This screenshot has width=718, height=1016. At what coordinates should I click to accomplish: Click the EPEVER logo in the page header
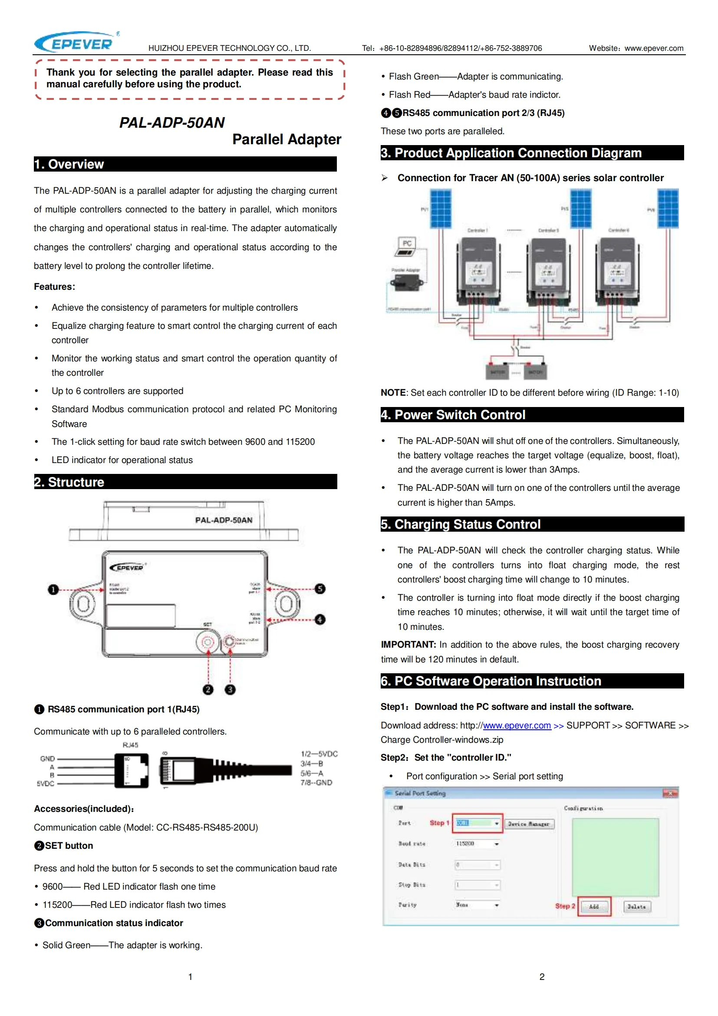point(76,43)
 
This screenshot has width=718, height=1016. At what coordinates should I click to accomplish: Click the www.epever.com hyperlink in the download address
point(517,725)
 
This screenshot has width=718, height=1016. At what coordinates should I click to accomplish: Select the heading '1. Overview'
point(69,164)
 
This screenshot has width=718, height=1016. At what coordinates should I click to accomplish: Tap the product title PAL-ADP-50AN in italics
point(172,122)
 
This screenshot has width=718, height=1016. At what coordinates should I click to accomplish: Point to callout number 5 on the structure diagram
point(320,589)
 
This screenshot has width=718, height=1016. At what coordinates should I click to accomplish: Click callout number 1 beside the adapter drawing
point(53,589)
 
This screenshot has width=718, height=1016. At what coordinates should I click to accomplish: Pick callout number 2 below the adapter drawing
point(208,689)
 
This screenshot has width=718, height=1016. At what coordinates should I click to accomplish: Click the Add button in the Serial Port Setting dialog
point(594,906)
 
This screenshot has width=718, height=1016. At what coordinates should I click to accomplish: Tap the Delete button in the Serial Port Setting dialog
point(636,906)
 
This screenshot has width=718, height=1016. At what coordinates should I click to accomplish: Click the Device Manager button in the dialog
point(528,824)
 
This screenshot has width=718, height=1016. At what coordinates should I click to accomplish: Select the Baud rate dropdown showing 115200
point(477,844)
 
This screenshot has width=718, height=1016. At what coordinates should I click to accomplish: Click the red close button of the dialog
point(670,794)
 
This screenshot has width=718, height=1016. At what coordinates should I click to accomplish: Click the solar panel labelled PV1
point(441,209)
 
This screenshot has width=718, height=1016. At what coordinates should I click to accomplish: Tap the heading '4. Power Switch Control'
point(453,415)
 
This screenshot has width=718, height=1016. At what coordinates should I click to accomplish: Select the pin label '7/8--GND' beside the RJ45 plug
point(316,782)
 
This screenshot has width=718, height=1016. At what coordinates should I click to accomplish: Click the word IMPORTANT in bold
point(408,644)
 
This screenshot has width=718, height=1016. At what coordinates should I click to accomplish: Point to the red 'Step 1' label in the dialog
point(439,823)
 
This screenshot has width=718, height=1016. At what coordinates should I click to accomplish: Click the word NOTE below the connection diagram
point(393,393)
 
